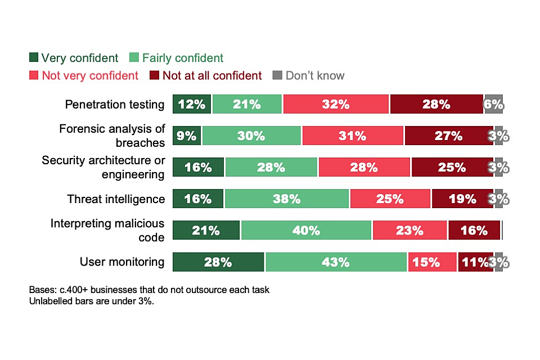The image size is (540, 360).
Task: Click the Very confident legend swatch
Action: pos(34,58)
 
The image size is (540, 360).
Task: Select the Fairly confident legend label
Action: pos(183,58)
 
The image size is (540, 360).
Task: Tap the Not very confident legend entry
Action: pos(90,75)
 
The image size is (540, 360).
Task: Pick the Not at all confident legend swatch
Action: pos(155,75)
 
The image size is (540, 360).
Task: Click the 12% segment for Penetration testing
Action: pos(192,104)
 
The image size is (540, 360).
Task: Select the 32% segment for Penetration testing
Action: pos(336,104)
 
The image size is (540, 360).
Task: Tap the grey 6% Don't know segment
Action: pos(493,104)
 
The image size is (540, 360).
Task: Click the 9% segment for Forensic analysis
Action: pos(187,136)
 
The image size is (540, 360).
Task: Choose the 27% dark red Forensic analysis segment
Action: pos(448,136)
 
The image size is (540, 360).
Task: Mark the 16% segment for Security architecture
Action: pos(198,167)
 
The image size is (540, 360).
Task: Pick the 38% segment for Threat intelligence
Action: pos(286,199)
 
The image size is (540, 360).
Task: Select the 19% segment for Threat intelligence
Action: pos(462,199)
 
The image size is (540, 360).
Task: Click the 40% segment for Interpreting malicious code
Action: pos(305,230)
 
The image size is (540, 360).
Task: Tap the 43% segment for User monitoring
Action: pos(336,262)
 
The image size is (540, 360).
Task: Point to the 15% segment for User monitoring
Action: pos(431,262)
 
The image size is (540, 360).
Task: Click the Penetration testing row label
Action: pos(115,105)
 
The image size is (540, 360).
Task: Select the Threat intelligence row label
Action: pos(116,199)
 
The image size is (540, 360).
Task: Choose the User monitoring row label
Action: pos(122,262)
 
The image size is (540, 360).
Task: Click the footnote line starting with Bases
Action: pos(149,290)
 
